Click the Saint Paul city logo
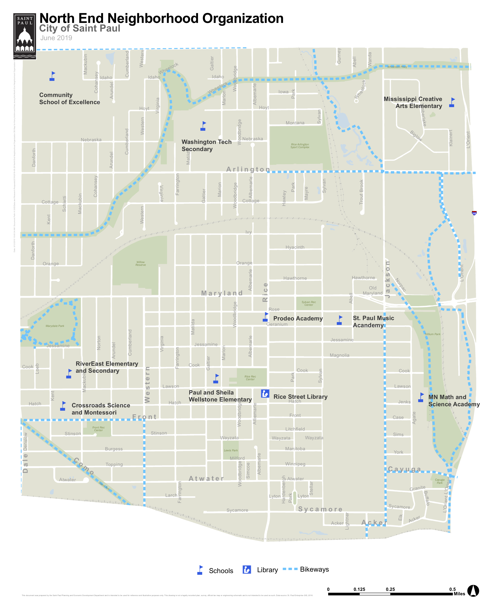click(25, 36)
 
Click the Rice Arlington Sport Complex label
click(300, 146)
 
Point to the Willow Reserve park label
click(141, 263)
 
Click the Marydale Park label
click(55, 326)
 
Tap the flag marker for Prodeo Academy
click(265, 317)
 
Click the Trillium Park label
click(432, 334)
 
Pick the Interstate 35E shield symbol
click(474, 213)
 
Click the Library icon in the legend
click(247, 569)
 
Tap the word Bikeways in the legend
click(314, 569)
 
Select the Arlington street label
click(248, 169)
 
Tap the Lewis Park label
click(231, 450)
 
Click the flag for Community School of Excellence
click(52, 76)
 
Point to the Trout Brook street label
click(361, 192)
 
